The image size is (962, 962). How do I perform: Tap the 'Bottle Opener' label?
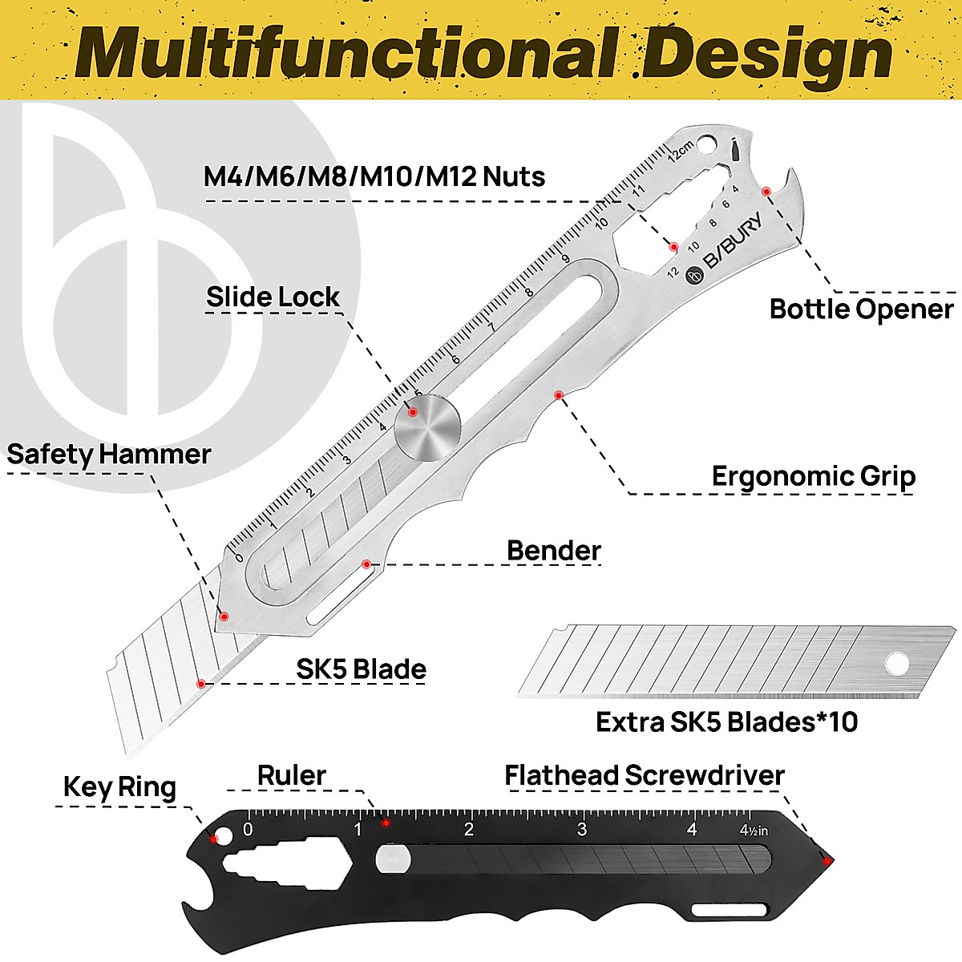(x=861, y=309)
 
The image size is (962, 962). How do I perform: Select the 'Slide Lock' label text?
(x=273, y=297)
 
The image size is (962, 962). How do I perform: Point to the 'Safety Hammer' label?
(x=108, y=455)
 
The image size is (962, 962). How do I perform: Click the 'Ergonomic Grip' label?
(x=813, y=476)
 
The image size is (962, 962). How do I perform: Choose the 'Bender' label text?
(x=553, y=551)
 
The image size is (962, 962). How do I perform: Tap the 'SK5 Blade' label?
(x=361, y=669)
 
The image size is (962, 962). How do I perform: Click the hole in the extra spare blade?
(x=896, y=664)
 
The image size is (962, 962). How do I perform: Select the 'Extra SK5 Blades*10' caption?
(x=726, y=722)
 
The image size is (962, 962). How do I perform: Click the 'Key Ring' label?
(x=119, y=787)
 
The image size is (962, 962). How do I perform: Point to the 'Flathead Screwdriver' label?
(x=644, y=776)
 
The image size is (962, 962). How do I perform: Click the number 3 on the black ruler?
(x=581, y=830)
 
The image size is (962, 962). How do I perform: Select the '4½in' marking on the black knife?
(x=753, y=831)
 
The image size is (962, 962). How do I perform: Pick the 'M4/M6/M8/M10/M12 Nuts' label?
(x=374, y=176)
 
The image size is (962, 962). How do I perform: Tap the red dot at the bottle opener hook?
(x=766, y=191)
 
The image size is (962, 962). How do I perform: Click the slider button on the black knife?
(x=393, y=860)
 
